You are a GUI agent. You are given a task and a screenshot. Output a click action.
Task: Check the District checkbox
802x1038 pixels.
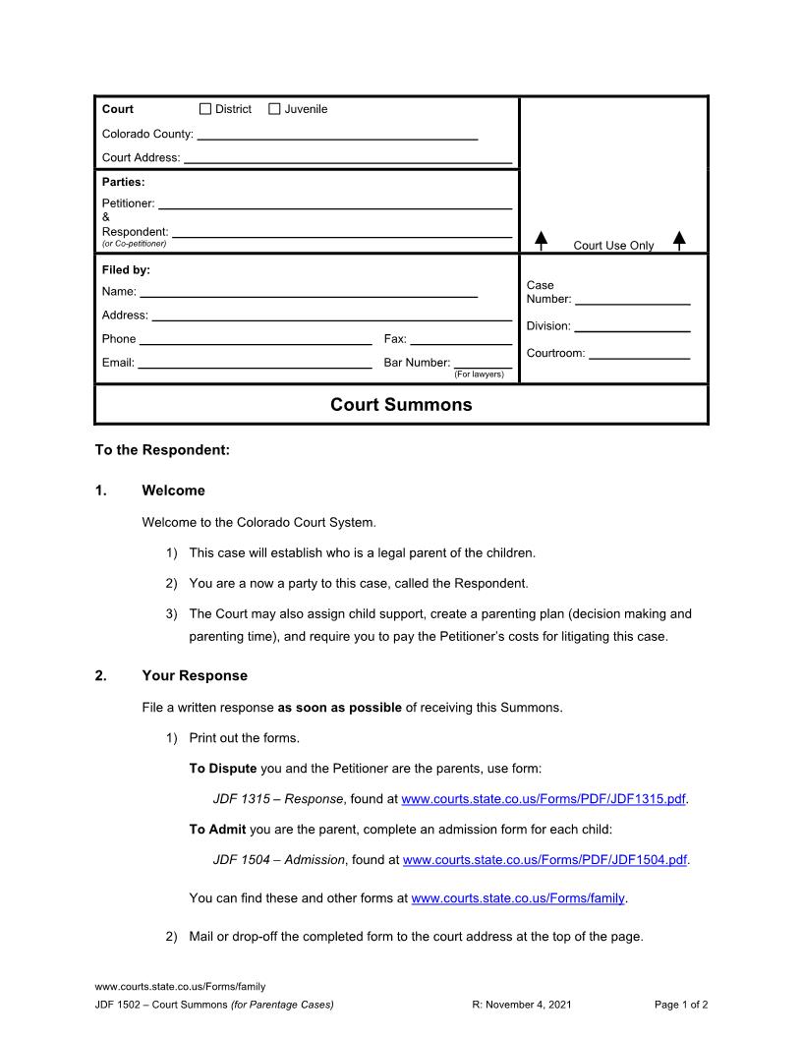point(205,109)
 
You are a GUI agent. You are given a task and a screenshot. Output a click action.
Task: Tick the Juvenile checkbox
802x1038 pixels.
point(274,109)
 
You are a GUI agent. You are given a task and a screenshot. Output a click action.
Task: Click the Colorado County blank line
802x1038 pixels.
point(337,135)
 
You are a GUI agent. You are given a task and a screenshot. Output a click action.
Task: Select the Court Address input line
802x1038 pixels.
point(348,157)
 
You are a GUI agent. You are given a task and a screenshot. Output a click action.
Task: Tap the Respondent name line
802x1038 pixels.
point(342,232)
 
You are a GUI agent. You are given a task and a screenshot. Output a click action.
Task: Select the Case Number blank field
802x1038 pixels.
point(632,300)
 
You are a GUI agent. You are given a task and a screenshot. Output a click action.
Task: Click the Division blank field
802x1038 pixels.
point(632,326)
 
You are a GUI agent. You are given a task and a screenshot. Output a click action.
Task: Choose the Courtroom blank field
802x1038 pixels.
point(639,354)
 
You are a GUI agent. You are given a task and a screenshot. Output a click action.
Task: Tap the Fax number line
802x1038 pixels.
point(461,339)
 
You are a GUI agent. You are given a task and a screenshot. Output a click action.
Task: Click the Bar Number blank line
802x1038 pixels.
point(483,363)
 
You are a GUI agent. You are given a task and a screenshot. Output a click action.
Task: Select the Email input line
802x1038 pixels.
point(254,363)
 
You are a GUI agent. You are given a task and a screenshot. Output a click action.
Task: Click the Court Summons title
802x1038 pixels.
point(401,405)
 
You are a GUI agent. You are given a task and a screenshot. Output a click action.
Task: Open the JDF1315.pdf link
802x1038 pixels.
point(544,799)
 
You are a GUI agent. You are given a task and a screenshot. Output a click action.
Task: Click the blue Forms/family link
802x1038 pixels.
point(518,898)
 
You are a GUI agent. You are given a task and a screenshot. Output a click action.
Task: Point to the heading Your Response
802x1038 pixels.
point(195,676)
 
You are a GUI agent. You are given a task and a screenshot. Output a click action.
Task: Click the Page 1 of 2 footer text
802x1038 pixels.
point(681,1005)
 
